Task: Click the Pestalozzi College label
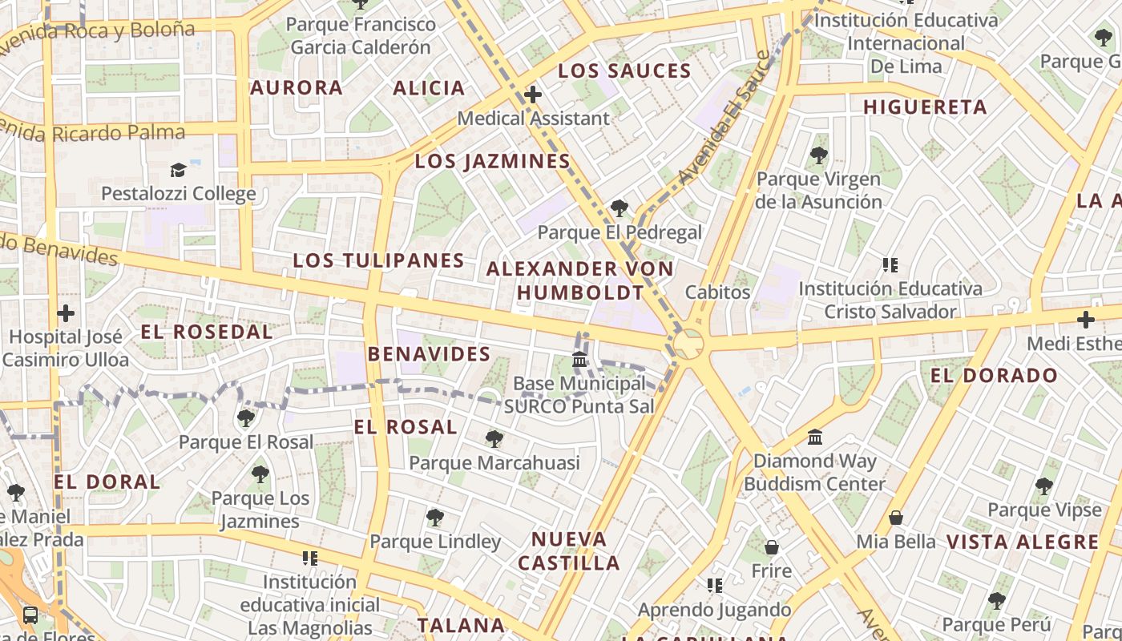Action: point(178,194)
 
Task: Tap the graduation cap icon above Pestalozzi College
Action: point(178,170)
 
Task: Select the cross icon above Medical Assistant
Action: point(533,95)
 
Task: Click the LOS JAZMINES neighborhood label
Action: point(492,162)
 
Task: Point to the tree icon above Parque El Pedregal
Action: point(619,208)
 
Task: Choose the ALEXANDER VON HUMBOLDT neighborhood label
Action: point(580,280)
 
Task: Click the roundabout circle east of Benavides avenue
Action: point(688,345)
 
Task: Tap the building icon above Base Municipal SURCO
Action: point(579,360)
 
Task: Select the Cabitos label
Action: point(717,292)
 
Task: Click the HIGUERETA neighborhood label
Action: point(925,107)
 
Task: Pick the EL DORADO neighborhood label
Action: point(994,375)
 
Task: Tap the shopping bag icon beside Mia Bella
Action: point(896,518)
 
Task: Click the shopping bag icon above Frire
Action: point(771,547)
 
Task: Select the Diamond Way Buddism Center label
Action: point(815,473)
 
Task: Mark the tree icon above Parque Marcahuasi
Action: point(494,439)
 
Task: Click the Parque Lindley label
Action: point(435,542)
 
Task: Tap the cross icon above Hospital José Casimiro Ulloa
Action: point(66,313)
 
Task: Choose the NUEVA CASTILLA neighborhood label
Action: point(569,550)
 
